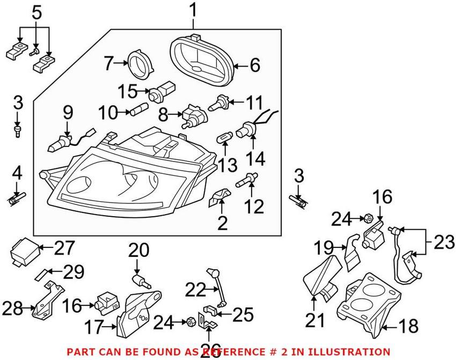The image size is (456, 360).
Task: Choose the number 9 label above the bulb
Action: (68, 113)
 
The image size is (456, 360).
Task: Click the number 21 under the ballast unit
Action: (315, 320)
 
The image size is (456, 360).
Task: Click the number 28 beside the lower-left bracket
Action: (13, 308)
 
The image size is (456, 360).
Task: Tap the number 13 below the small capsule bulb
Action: (227, 165)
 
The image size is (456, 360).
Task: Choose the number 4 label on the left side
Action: (18, 174)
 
